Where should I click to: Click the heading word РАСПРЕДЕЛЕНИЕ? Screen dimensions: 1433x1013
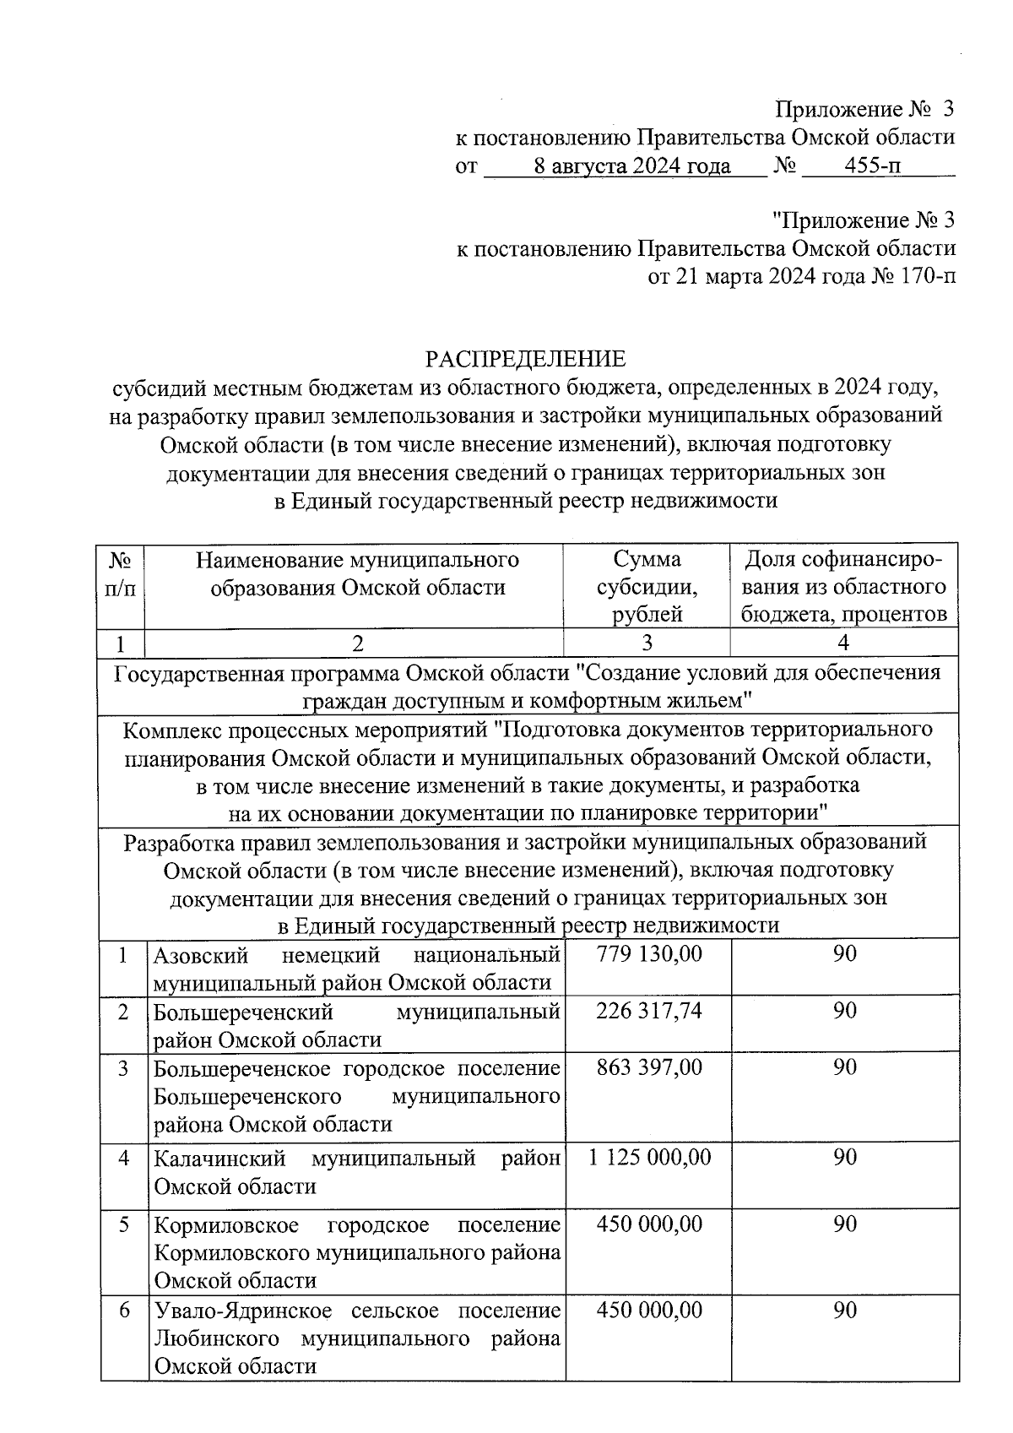tap(525, 359)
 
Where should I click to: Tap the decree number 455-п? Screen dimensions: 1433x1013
tap(874, 166)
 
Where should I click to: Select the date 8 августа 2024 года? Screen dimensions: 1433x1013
tap(632, 166)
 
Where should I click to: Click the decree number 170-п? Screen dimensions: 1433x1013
tap(925, 276)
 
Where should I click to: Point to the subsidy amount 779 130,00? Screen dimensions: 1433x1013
tap(648, 955)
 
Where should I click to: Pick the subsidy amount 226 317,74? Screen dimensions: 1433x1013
tap(648, 1012)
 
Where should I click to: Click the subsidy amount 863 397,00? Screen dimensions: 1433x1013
tap(648, 1068)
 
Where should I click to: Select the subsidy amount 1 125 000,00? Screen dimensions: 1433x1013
tap(648, 1158)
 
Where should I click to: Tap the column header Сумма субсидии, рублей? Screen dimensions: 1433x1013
tap(647, 586)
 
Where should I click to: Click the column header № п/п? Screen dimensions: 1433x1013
tap(121, 573)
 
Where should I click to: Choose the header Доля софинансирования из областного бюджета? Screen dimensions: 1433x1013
tap(843, 586)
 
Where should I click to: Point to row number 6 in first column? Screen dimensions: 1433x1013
tap(124, 1311)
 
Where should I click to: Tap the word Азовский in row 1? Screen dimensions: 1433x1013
tap(200, 955)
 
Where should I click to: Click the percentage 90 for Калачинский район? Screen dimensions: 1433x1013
tap(845, 1158)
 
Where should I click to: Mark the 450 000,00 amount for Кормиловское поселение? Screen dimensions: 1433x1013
tap(648, 1224)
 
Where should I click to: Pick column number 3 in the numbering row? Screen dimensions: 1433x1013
tap(647, 643)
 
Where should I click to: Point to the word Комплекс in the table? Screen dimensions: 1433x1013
tap(171, 729)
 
